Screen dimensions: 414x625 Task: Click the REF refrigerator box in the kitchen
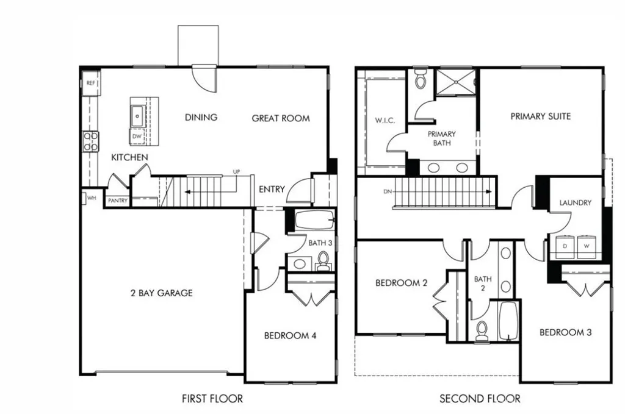click(90, 82)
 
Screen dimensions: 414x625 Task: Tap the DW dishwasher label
click(137, 137)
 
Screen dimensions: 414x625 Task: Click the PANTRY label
click(117, 200)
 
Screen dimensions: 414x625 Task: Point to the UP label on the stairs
click(236, 172)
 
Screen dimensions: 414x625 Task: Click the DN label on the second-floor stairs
click(387, 191)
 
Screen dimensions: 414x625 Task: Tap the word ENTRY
click(272, 189)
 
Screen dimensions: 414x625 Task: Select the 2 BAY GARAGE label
click(161, 293)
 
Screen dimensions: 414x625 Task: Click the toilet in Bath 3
click(323, 262)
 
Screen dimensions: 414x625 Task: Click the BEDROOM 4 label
click(290, 335)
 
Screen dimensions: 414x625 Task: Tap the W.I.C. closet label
click(385, 120)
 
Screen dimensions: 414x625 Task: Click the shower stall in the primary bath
click(457, 83)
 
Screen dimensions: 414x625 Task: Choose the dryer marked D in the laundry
click(565, 246)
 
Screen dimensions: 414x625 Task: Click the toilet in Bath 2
click(482, 330)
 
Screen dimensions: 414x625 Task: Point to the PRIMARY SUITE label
click(541, 116)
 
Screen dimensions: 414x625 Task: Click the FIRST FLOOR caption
click(212, 399)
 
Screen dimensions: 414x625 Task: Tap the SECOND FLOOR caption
click(480, 399)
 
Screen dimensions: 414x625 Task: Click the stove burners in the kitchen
click(90, 141)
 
